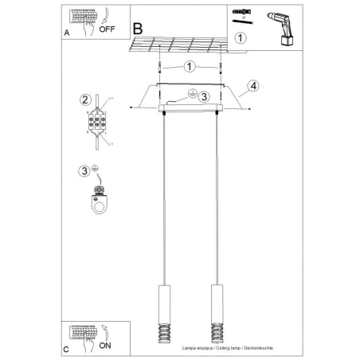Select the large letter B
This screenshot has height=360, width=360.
coord(139,28)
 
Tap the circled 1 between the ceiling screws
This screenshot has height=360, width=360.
coord(190,66)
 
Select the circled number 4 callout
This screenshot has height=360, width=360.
coord(252,85)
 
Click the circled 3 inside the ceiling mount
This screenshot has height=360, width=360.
coord(203,97)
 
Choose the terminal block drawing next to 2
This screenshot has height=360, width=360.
coord(100,120)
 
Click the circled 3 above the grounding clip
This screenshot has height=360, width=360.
coord(84,170)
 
